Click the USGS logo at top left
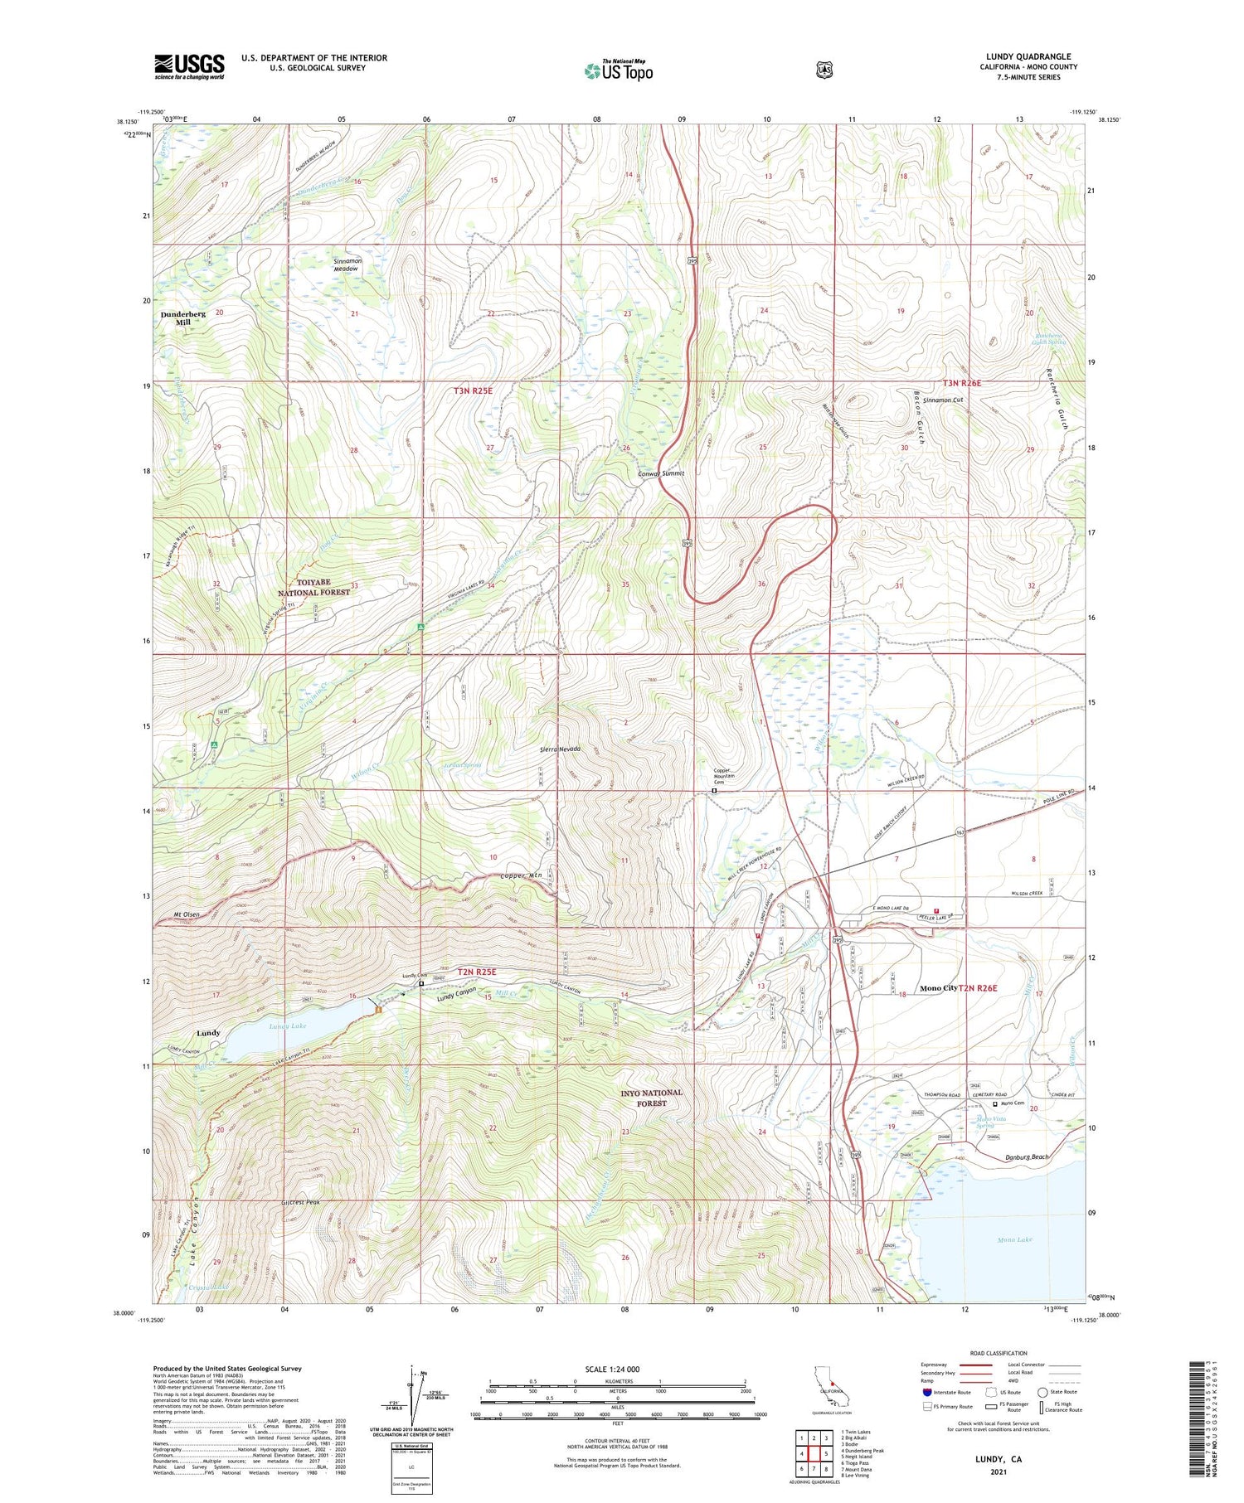(x=189, y=66)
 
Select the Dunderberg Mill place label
(x=182, y=318)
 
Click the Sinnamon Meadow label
(x=346, y=265)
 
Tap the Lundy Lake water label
(x=288, y=1025)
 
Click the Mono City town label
(x=938, y=988)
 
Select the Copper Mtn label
(x=520, y=876)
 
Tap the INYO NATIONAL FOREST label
(x=651, y=1098)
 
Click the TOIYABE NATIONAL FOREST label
(x=313, y=587)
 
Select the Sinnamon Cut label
(x=943, y=400)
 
